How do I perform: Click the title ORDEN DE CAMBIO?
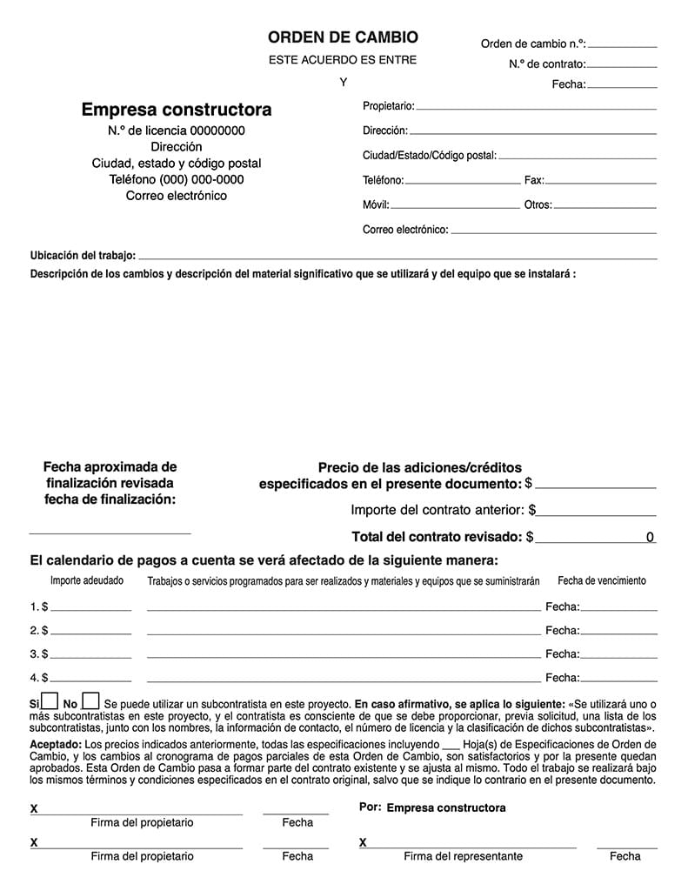point(343,37)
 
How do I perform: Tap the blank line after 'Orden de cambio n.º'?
point(623,44)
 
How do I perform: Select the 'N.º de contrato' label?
point(547,64)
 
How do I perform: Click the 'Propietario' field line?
point(536,108)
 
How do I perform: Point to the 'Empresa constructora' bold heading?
point(177,110)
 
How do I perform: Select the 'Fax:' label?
point(534,181)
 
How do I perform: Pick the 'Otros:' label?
point(538,206)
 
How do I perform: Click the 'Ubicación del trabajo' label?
point(83,256)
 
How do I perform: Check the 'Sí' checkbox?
point(50,701)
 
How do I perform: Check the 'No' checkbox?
point(90,701)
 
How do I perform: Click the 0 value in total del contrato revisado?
point(650,538)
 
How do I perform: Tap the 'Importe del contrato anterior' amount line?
point(597,514)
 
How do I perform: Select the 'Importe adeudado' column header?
point(86,581)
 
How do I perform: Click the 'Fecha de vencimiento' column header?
point(602,581)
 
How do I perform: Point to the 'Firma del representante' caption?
point(463,856)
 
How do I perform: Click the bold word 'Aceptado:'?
point(56,746)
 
